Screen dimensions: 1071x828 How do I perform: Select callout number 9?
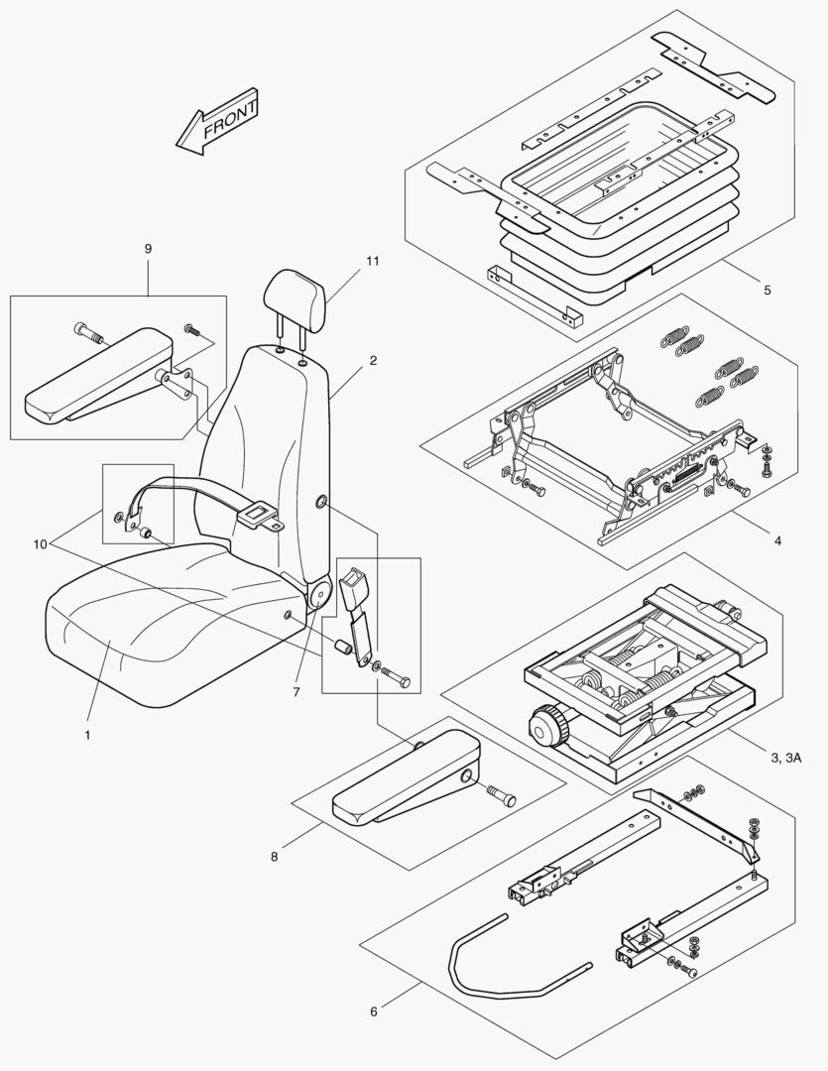tap(148, 248)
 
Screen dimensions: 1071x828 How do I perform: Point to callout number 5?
tap(767, 291)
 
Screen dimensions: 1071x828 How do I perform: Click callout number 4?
tap(777, 540)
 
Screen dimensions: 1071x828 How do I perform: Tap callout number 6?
tap(374, 1011)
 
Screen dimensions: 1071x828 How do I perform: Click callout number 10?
tap(41, 543)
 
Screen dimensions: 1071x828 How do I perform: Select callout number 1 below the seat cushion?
tap(87, 735)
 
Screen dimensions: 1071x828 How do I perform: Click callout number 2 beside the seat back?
tap(373, 361)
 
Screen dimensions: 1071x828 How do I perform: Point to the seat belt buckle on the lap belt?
tap(255, 514)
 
